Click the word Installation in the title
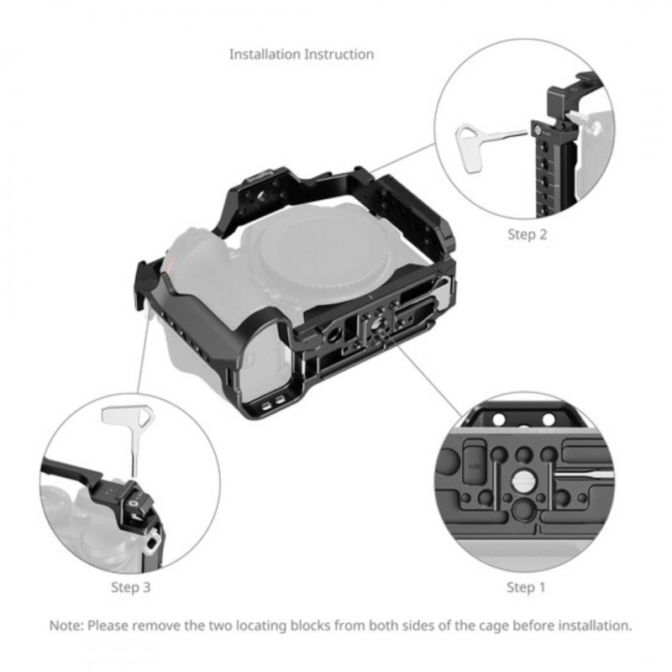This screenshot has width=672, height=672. point(265,55)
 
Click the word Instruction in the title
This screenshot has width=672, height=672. point(339,55)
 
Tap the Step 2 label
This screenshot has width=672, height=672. point(528,234)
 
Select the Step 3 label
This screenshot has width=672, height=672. point(131,587)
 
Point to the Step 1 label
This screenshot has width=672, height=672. point(526,587)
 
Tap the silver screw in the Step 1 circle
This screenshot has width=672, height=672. point(524,480)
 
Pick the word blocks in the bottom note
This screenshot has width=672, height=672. point(311,625)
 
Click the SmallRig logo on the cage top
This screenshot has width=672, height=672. point(260,176)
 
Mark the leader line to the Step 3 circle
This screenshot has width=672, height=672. point(143,350)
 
